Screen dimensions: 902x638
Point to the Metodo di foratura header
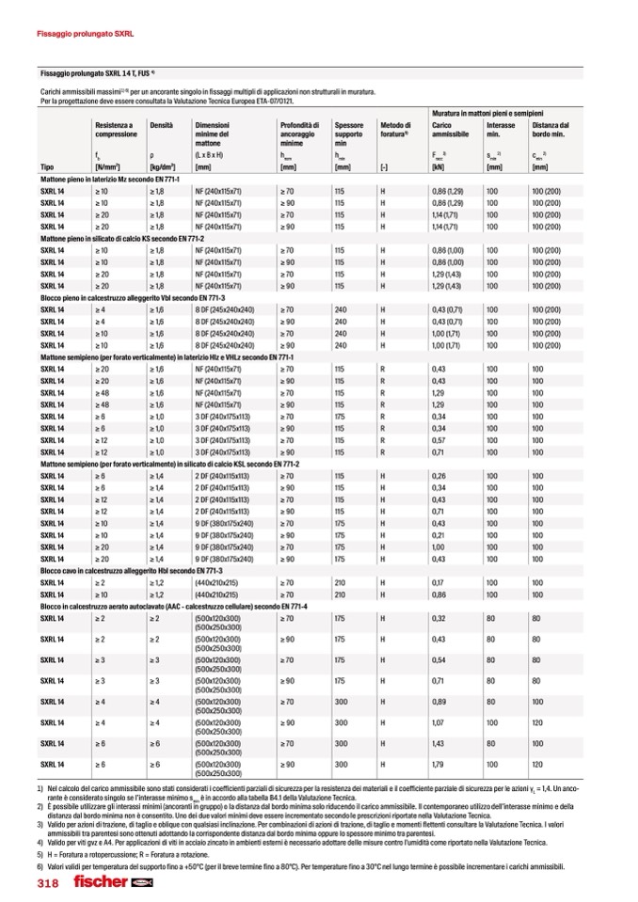tap(395, 130)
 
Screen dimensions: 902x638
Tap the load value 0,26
tap(438, 476)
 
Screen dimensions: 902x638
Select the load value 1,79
tap(438, 764)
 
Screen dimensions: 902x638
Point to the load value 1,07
tap(438, 722)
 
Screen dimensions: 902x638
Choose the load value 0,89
tap(438, 701)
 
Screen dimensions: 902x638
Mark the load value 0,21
tap(438, 535)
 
